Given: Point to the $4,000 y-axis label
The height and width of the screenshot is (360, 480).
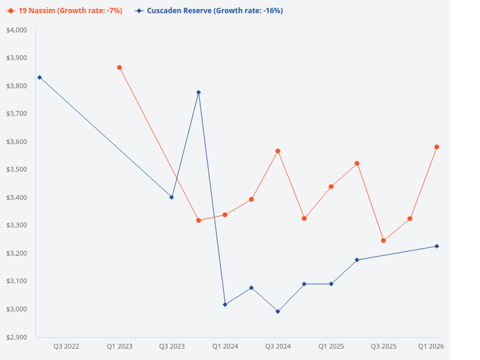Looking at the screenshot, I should click(17, 30).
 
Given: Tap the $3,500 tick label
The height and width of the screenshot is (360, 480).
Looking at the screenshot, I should click(17, 169).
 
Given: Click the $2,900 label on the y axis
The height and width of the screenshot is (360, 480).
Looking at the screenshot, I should click(17, 337).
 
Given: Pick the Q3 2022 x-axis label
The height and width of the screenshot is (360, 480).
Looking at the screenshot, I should click(66, 346).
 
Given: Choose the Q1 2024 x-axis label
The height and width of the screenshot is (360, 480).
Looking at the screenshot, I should click(225, 346).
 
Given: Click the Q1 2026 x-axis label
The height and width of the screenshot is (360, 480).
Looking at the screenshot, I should click(430, 346).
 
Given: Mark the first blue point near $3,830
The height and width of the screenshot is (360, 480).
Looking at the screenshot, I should click(40, 77).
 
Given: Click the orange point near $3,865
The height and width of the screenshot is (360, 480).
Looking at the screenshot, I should click(119, 68).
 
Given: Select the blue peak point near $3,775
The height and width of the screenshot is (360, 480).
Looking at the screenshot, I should click(199, 92).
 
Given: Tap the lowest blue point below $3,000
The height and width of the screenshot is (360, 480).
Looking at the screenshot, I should click(278, 311).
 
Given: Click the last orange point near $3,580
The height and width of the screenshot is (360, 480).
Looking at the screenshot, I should click(437, 147).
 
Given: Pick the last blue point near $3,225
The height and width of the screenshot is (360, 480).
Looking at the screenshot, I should click(437, 246).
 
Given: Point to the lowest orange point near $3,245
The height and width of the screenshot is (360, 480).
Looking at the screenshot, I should click(383, 241).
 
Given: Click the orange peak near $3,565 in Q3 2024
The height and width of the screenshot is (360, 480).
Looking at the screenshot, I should click(278, 151).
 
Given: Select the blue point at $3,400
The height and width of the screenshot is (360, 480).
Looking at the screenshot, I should click(172, 197).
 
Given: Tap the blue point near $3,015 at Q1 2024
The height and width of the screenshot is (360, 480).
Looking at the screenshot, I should click(225, 304).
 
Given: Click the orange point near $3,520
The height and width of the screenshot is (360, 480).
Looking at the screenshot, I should click(357, 163).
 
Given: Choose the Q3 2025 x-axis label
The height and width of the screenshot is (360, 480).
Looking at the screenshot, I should click(383, 346).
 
